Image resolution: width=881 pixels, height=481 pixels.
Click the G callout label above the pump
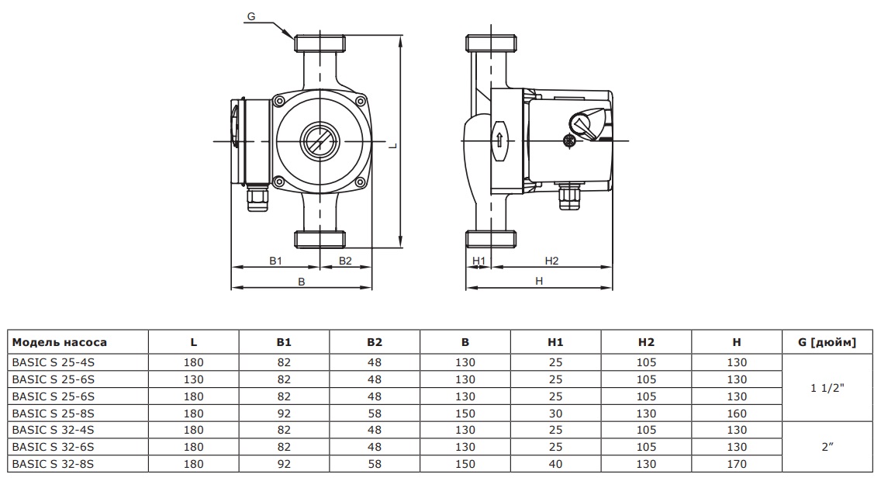coord(250,16)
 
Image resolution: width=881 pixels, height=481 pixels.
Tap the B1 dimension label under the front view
coord(275,261)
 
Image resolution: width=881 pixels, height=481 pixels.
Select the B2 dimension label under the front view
coord(345,261)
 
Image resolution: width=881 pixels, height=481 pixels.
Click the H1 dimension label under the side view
coord(479,261)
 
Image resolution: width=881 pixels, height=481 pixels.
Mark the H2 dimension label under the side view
coord(551,261)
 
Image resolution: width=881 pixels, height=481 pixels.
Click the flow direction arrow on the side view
coord(499,140)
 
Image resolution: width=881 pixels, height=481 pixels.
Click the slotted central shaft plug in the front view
coord(318,140)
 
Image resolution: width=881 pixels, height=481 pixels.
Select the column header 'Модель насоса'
coord(60,342)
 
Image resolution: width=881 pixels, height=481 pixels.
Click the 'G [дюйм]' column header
coord(827,342)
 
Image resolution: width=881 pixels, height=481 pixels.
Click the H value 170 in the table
coord(737,464)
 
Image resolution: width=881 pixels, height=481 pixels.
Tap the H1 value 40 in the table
coord(555,464)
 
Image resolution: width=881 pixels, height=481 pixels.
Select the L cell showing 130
coord(194,379)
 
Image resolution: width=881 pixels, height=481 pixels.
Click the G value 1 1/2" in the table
coord(827,388)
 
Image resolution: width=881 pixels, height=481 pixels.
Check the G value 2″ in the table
coord(827,448)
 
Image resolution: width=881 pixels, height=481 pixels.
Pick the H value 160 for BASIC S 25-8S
coord(737,414)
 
